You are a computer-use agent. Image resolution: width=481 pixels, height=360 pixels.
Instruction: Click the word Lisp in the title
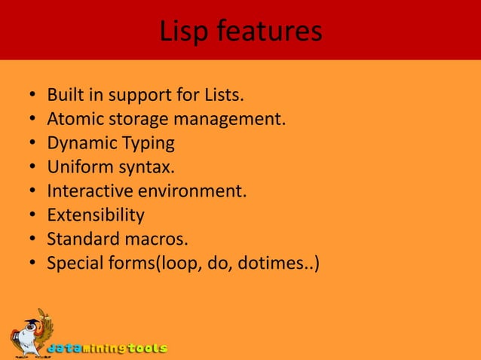[x=185, y=32]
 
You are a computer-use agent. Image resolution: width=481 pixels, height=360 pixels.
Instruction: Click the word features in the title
[x=269, y=32]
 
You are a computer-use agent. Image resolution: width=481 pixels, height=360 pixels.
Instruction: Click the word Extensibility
[x=96, y=216]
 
